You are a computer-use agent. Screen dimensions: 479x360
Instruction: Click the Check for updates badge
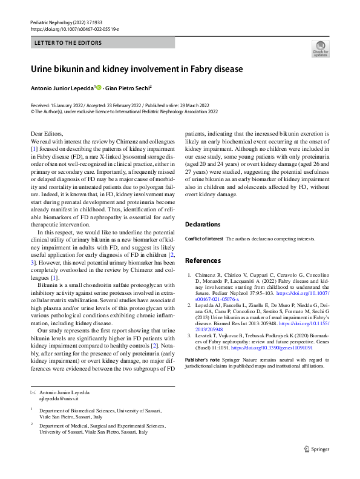319,48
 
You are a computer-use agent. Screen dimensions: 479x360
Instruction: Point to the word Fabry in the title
197,69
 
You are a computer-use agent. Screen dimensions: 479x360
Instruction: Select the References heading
203,260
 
